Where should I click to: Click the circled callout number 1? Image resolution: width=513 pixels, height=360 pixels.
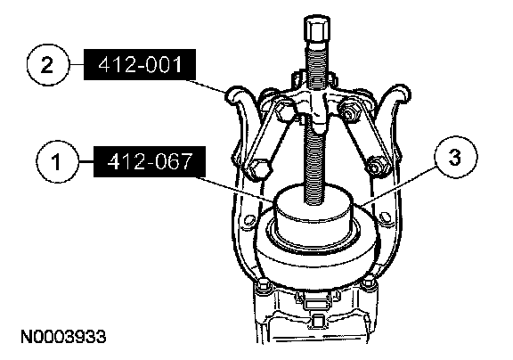(58, 161)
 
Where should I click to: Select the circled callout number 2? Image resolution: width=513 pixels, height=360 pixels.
(48, 65)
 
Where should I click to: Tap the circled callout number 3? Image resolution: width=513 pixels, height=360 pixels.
(456, 157)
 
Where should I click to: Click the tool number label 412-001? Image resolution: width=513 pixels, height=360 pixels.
(140, 64)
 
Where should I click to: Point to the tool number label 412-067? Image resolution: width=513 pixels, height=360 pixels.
(150, 161)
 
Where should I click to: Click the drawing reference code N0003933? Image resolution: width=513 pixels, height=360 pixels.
(63, 337)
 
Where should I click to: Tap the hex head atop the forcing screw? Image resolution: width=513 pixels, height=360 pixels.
(317, 31)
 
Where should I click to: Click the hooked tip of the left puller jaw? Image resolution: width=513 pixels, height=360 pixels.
(235, 95)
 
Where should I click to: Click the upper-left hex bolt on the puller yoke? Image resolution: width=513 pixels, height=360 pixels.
(284, 110)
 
